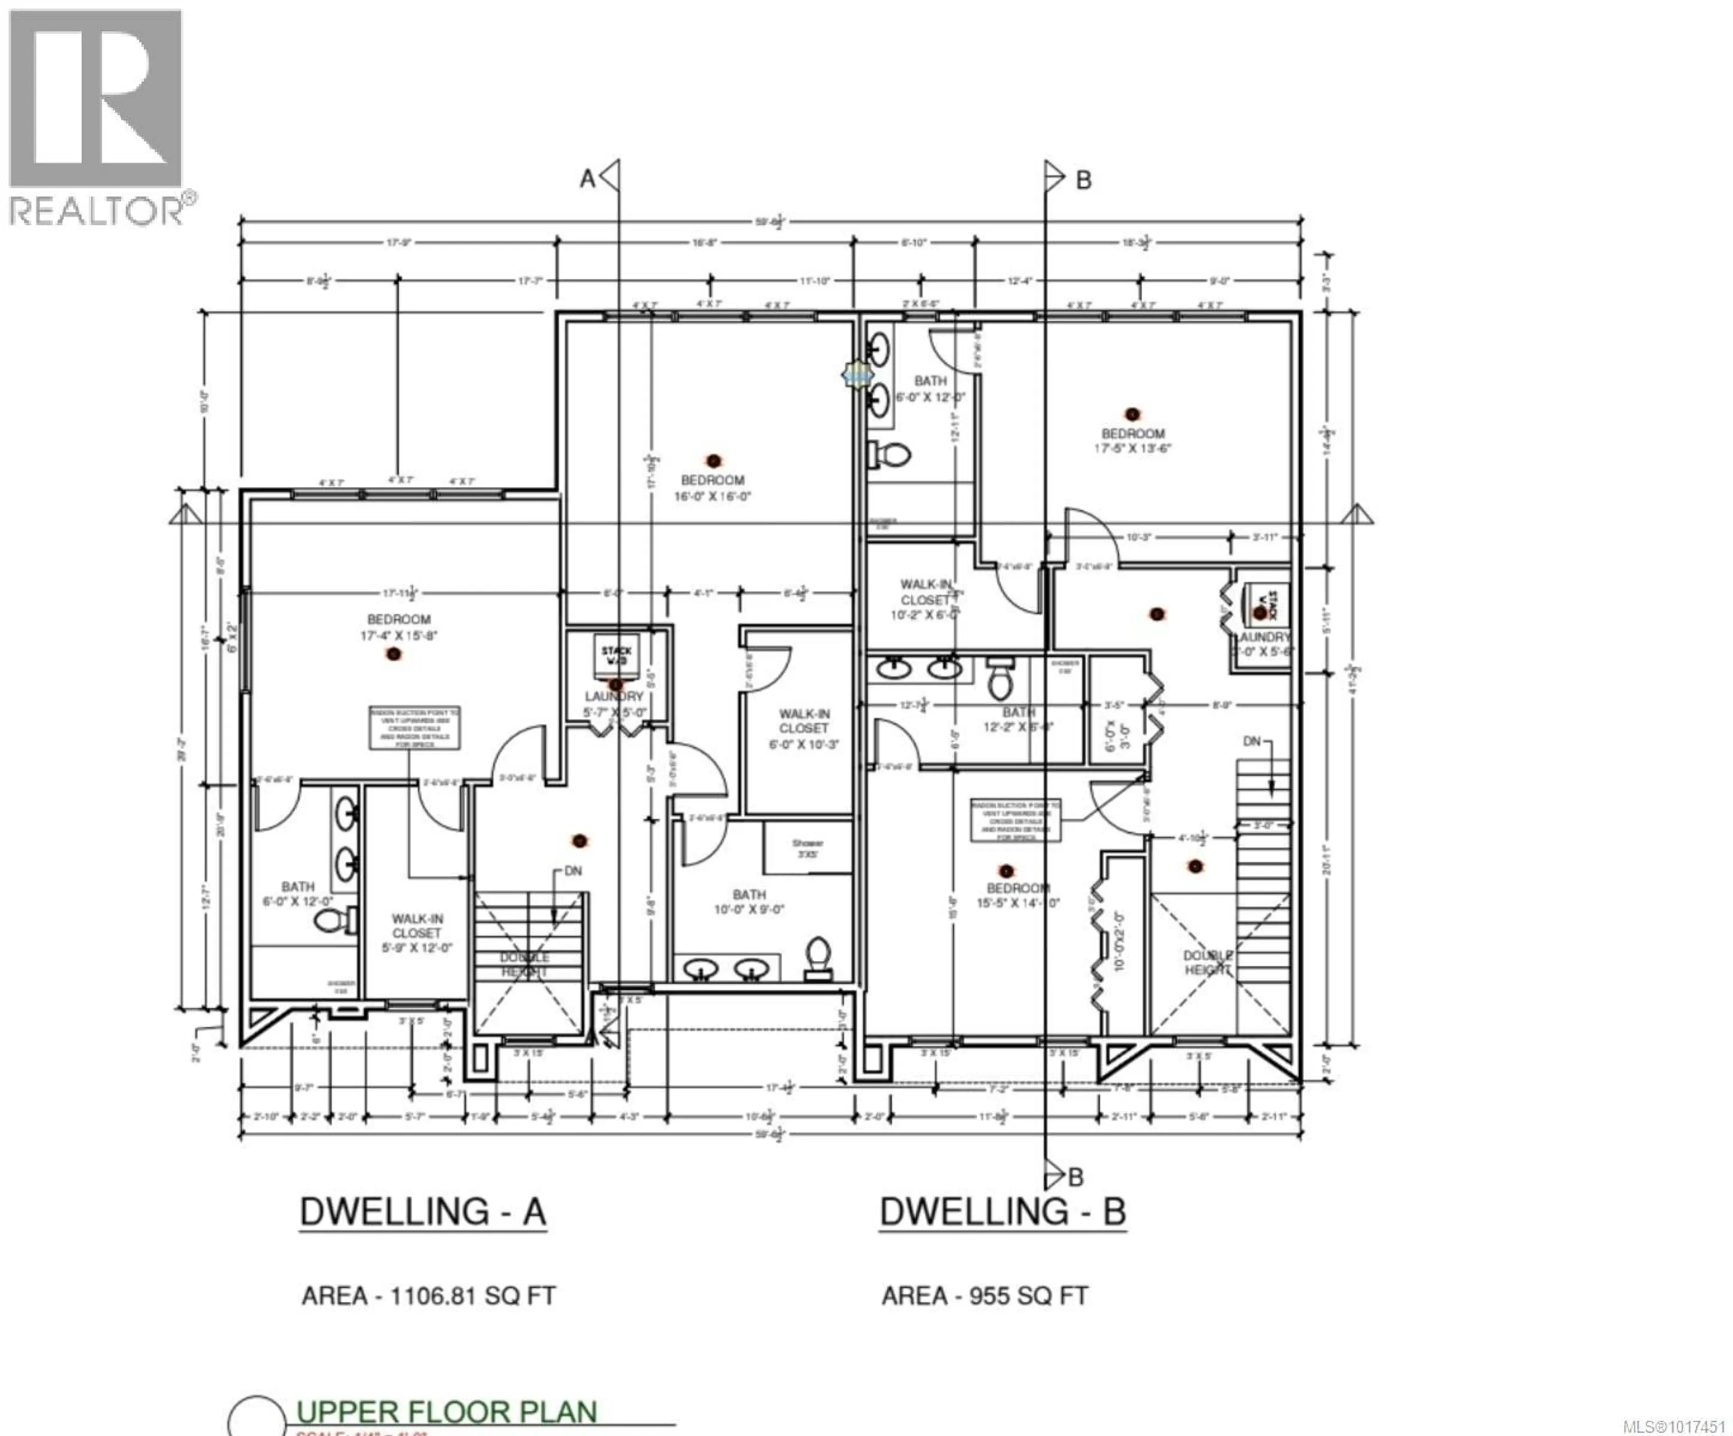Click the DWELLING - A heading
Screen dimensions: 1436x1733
pos(422,1212)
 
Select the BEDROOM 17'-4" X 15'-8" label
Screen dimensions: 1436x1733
pos(398,627)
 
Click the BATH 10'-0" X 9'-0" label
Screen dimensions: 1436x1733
pos(749,902)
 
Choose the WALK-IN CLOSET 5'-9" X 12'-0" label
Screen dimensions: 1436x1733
pos(417,932)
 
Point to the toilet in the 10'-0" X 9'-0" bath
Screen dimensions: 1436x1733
pos(817,957)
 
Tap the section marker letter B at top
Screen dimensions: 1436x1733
pos(1084,180)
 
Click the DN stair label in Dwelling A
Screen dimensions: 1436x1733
pos(573,871)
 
